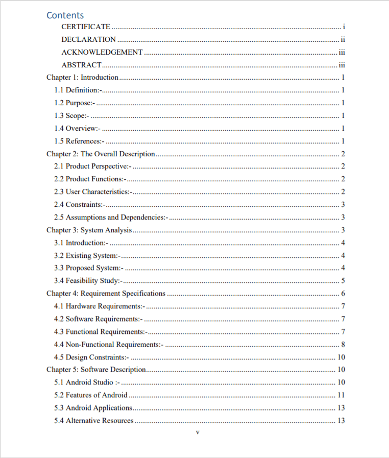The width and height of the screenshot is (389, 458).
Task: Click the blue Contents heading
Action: tap(65, 15)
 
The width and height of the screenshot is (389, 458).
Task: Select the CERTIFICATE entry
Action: tap(86, 27)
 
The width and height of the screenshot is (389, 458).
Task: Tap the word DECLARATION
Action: tap(89, 39)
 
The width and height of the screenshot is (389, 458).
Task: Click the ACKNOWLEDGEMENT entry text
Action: tap(102, 52)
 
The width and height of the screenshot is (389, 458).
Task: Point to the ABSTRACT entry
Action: tap(82, 65)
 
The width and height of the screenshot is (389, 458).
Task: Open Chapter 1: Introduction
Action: tap(82, 78)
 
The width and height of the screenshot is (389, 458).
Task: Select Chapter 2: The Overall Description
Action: tap(101, 154)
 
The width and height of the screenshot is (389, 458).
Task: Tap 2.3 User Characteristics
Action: tap(93, 191)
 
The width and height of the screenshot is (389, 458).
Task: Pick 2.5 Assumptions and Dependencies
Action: tap(111, 217)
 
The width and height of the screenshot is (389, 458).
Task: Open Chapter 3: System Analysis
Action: tap(89, 230)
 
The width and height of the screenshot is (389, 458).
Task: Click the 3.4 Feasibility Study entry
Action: tap(87, 280)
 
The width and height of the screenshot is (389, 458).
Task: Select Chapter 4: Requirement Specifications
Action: tap(106, 293)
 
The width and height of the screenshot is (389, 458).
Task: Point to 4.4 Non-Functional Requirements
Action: tap(109, 344)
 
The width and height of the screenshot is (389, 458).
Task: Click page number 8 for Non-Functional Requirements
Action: tap(344, 344)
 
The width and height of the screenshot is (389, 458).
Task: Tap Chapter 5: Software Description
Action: tap(96, 369)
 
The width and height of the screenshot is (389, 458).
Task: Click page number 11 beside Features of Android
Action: tap(342, 395)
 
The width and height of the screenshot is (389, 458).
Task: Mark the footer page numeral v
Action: tap(198, 432)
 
